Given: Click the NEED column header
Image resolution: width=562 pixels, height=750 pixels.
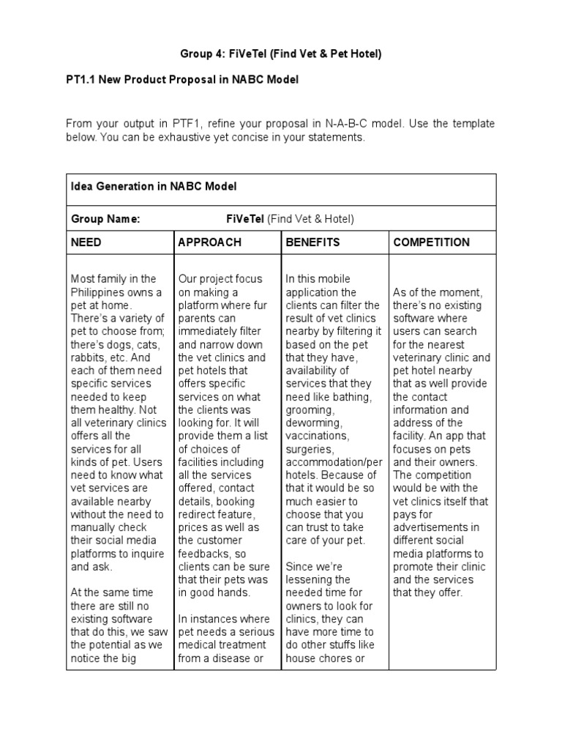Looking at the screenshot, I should point(86,242).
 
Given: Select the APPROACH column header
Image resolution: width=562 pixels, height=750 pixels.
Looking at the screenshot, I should point(209,242).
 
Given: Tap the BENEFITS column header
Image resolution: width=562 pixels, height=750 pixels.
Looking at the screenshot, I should point(312,242).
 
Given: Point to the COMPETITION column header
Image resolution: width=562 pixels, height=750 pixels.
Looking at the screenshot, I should point(432,242).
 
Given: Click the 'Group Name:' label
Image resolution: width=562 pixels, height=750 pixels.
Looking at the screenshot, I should point(105,218).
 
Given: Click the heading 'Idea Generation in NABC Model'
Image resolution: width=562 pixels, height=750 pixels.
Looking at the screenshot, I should point(154,187).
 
